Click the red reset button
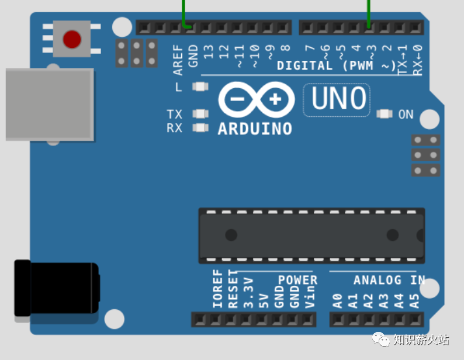72,39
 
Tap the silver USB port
49,105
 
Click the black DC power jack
56,288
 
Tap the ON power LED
385,114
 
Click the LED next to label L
200,87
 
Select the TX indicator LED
200,114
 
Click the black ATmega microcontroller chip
311,235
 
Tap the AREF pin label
178,60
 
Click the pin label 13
209,53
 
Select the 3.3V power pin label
248,293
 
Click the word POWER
297,281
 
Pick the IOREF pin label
218,289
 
